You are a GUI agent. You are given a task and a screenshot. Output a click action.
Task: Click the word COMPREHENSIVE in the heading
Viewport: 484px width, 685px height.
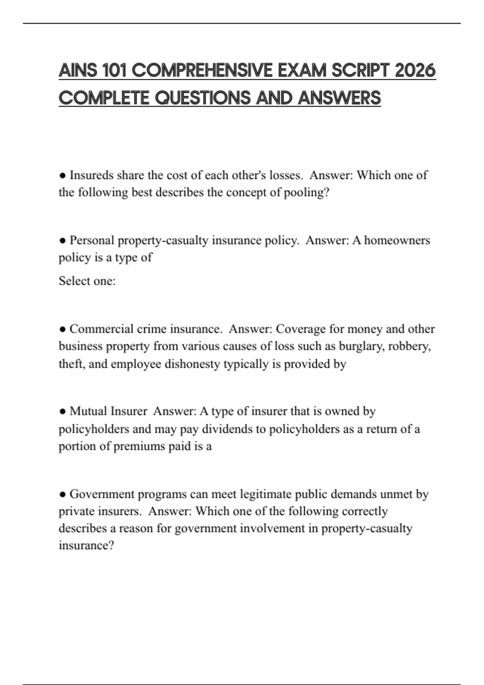coord(202,71)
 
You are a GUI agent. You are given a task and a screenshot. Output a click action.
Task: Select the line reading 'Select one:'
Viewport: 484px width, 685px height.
coord(87,281)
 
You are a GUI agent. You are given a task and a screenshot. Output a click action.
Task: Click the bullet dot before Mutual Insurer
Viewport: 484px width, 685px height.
coord(62,411)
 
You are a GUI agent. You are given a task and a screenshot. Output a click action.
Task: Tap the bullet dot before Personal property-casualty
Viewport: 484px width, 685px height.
coord(62,241)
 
